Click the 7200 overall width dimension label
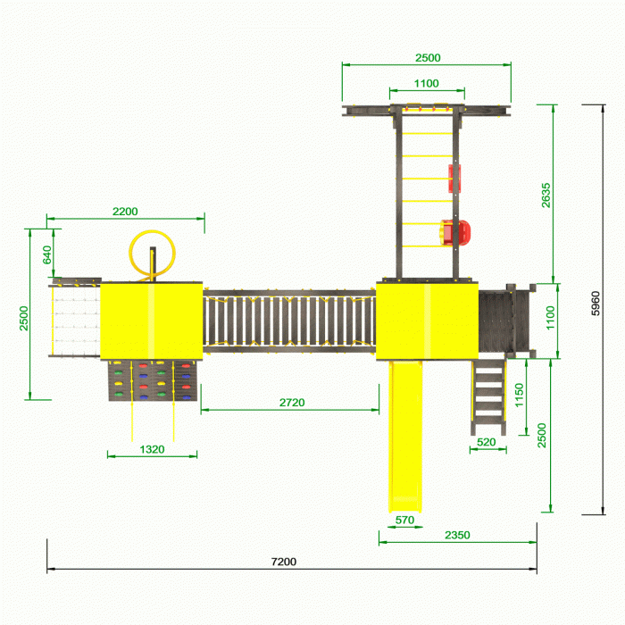click(x=283, y=562)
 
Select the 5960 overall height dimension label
click(x=596, y=304)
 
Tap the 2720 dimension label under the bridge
click(x=292, y=403)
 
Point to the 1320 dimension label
click(x=152, y=450)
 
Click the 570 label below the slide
click(x=404, y=521)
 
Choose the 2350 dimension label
click(x=457, y=535)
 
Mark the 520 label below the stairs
click(x=487, y=442)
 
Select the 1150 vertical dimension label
click(x=519, y=395)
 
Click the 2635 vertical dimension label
click(x=546, y=196)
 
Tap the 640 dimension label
click(x=47, y=254)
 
